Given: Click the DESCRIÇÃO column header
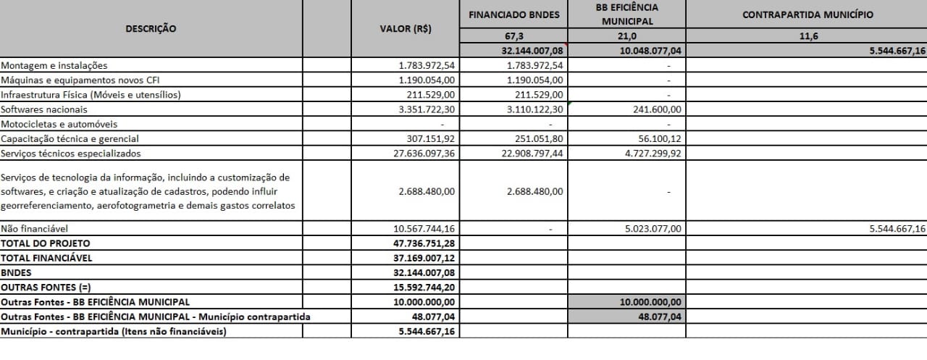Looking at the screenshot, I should click(151, 28).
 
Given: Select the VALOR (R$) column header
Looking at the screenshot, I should click(406, 28).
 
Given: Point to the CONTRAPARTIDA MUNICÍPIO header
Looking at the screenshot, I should click(807, 14).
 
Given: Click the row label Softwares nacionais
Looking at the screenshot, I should click(44, 109).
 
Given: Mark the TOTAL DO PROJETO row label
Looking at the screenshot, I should click(46, 243).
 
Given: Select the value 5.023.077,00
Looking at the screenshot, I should click(646, 229).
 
